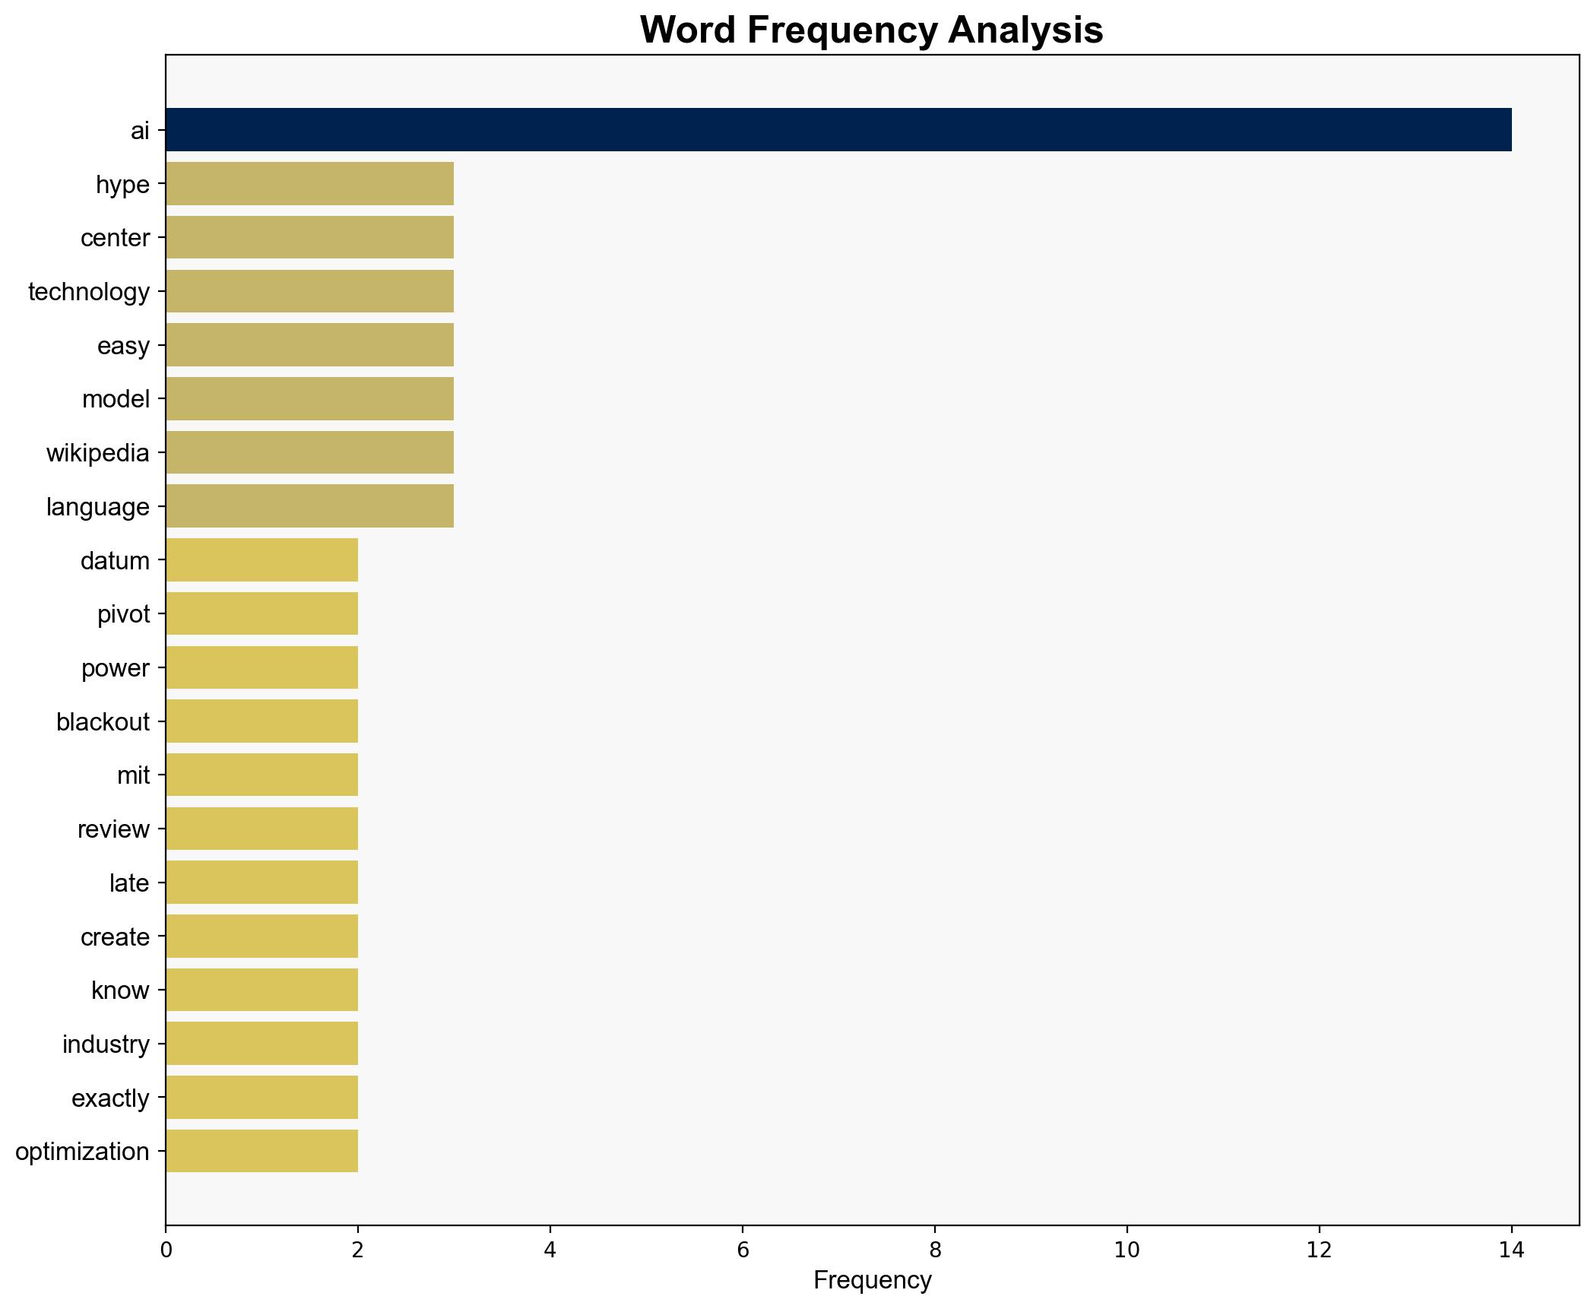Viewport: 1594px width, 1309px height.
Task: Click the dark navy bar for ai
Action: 838,130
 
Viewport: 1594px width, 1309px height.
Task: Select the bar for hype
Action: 309,184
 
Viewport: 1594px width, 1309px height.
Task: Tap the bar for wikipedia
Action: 309,453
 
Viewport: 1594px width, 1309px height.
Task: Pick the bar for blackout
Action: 261,721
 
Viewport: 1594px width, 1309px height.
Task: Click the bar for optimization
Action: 261,1152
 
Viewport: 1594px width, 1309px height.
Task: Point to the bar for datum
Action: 261,560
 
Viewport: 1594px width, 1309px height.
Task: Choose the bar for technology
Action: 309,291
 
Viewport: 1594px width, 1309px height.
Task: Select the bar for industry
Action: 261,1044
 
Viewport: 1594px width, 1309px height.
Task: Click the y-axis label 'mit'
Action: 133,775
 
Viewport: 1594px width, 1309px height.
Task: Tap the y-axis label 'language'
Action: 97,507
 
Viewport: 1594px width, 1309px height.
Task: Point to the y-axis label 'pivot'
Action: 123,614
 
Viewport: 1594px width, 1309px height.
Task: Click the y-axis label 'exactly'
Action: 110,1098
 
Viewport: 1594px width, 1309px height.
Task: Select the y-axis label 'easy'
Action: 123,346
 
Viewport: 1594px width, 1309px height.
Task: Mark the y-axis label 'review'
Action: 113,829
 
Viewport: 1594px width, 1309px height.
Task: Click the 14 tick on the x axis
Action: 1511,1250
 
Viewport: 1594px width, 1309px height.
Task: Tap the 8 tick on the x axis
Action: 934,1250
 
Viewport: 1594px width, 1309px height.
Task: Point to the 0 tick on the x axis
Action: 166,1250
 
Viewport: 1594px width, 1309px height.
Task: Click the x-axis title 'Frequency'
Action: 872,1281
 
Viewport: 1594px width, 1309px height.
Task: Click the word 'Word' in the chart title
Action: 686,30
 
